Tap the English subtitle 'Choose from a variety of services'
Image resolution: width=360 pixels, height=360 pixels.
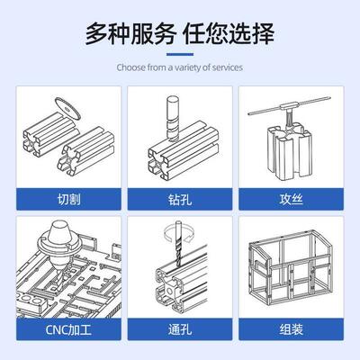point(180,67)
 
